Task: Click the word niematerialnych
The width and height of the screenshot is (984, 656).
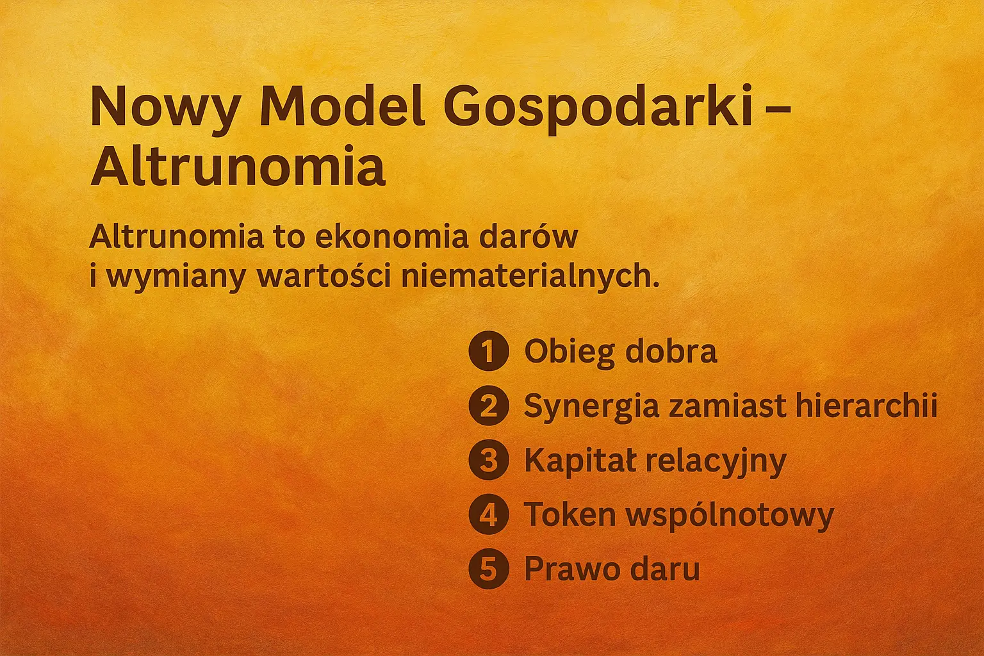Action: point(529,277)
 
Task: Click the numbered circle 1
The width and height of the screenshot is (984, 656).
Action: point(488,351)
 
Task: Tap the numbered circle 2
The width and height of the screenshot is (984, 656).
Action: point(488,406)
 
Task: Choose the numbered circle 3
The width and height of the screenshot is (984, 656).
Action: point(488,460)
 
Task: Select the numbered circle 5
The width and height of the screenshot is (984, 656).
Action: point(488,568)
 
